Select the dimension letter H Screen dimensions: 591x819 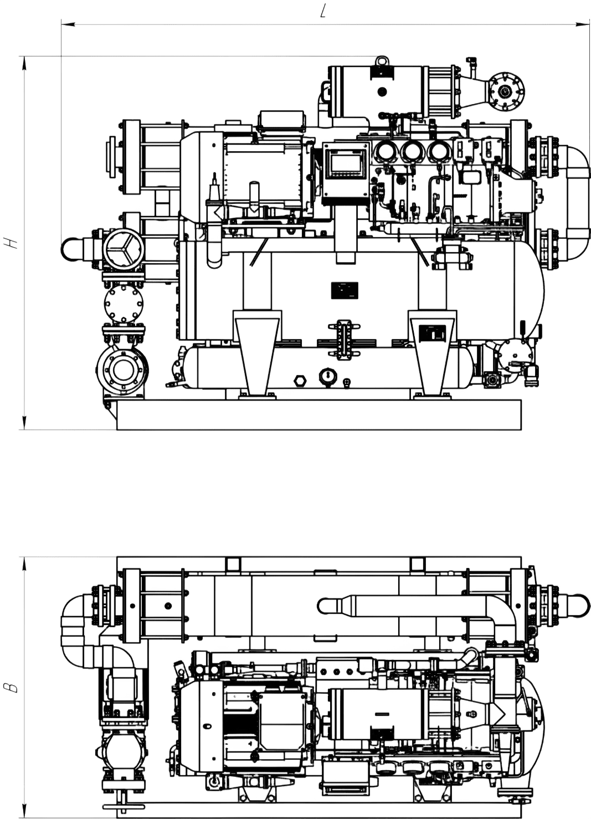pos(13,243)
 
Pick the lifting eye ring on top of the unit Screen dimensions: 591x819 pos(382,60)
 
